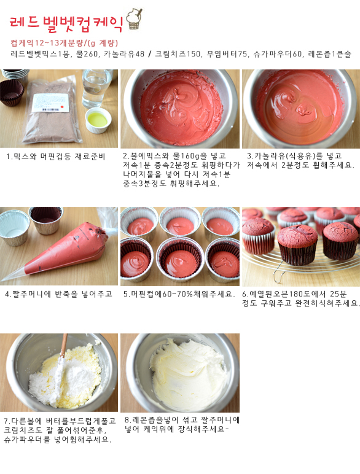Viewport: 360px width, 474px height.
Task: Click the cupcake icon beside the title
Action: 134,19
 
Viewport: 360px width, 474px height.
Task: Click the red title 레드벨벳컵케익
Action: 66,23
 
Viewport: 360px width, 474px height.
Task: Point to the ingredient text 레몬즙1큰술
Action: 330,54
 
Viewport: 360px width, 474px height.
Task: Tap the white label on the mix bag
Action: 51,103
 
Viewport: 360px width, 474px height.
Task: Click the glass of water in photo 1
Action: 97,88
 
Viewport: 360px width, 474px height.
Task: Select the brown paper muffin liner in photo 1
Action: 12,93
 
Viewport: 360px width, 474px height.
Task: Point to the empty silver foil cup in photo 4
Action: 14,227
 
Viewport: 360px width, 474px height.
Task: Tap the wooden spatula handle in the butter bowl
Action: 64,346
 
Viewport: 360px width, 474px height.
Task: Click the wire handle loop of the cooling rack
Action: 278,275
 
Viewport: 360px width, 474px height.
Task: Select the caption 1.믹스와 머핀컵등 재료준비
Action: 56,157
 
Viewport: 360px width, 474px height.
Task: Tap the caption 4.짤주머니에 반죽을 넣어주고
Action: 59,294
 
